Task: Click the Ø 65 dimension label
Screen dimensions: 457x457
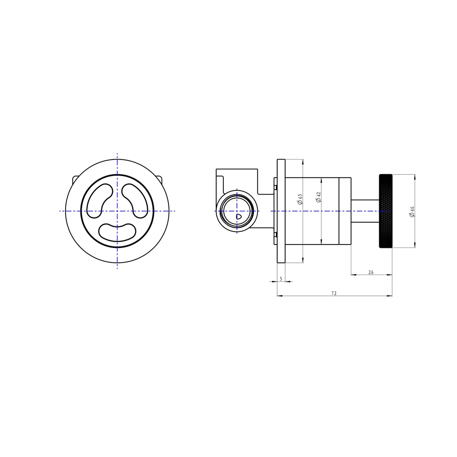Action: tap(300, 200)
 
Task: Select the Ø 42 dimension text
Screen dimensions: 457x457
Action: tap(319, 197)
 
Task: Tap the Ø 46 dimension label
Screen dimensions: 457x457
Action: tap(412, 212)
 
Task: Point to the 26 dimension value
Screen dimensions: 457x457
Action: tap(371, 273)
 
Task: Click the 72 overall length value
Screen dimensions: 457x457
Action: tap(334, 293)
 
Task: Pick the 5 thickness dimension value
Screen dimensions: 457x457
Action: tap(281, 279)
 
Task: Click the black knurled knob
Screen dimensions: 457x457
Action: tap(385, 211)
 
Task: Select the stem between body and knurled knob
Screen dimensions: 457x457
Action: tap(365, 211)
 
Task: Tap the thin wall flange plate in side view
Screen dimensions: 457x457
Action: tap(281, 211)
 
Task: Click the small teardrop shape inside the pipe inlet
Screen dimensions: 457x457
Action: tap(238, 216)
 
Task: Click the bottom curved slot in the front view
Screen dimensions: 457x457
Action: tap(117, 232)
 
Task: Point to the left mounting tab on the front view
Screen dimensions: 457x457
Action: tap(75, 179)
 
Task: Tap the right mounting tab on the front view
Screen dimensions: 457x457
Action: tap(159, 179)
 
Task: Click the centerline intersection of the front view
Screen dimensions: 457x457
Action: tap(117, 211)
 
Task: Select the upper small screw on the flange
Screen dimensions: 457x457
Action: tap(275, 187)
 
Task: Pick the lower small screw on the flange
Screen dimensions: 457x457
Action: tap(275, 234)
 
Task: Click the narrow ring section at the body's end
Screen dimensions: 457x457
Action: tap(345, 211)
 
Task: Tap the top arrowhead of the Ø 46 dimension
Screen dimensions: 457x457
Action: tap(414, 177)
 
